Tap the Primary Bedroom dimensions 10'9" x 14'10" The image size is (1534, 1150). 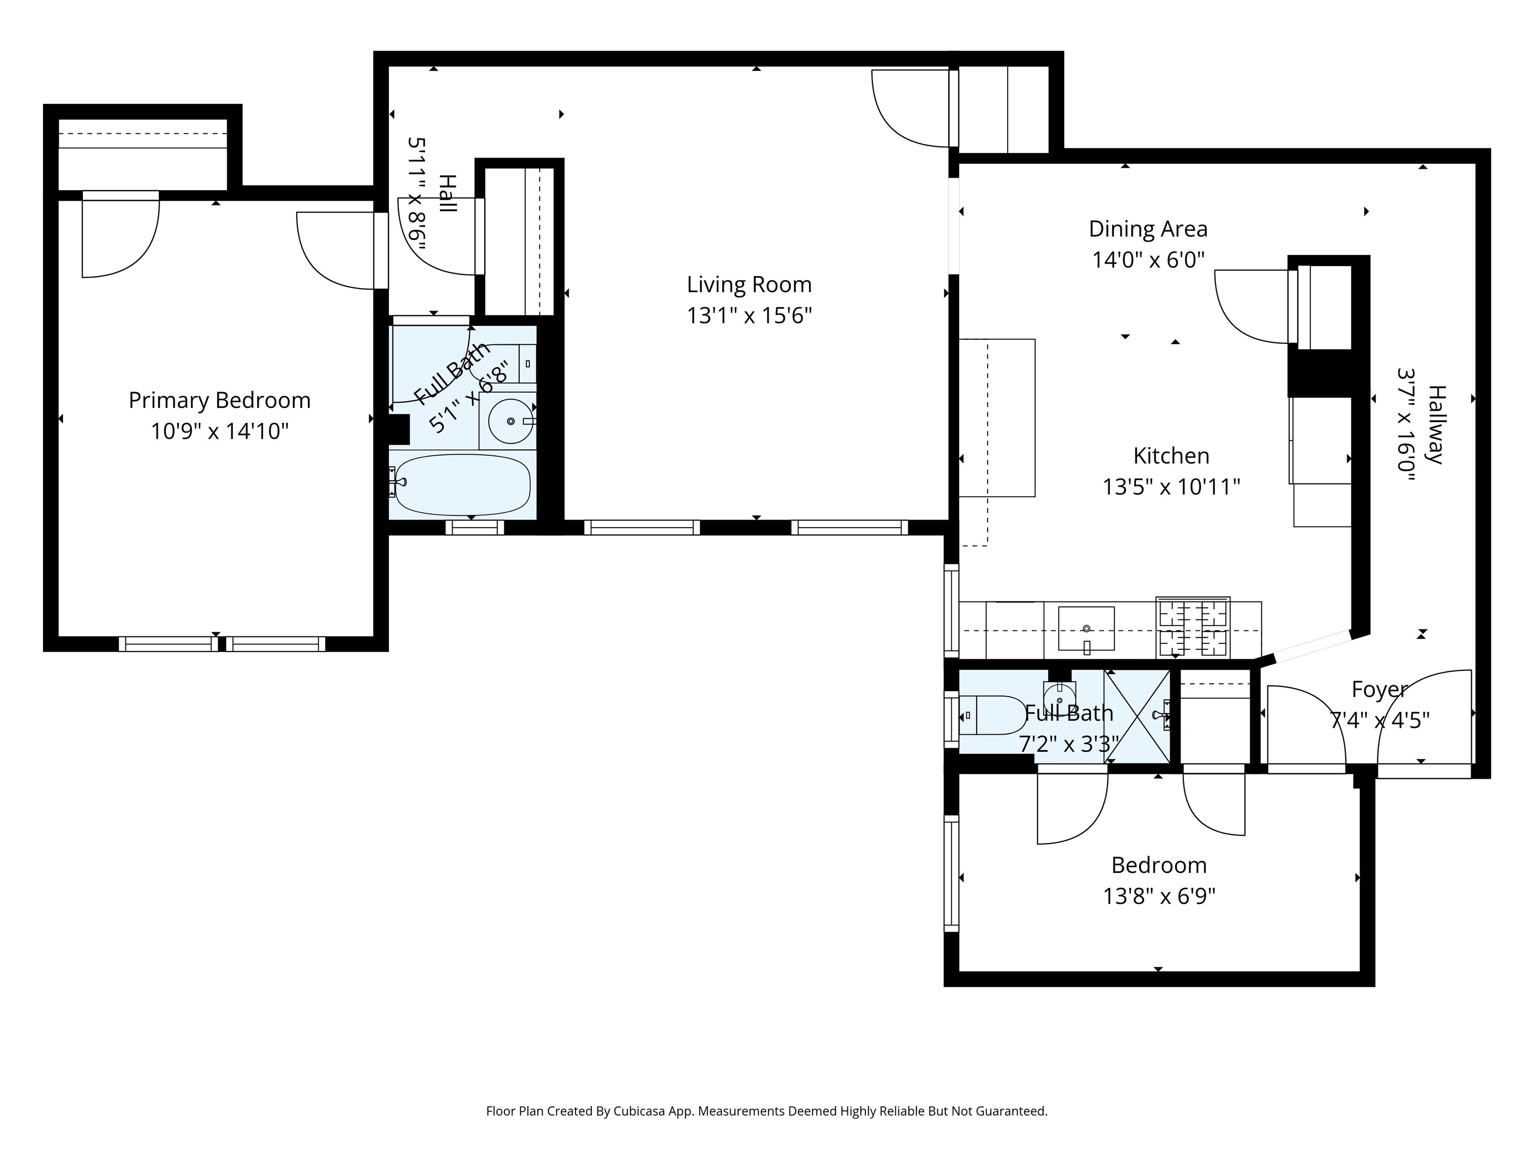220,431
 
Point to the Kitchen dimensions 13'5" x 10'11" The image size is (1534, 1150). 1171,487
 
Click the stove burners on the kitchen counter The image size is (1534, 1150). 1193,627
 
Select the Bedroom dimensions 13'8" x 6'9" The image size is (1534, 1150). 1159,896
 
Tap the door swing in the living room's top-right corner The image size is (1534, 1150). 910,109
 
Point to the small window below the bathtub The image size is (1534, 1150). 474,528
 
